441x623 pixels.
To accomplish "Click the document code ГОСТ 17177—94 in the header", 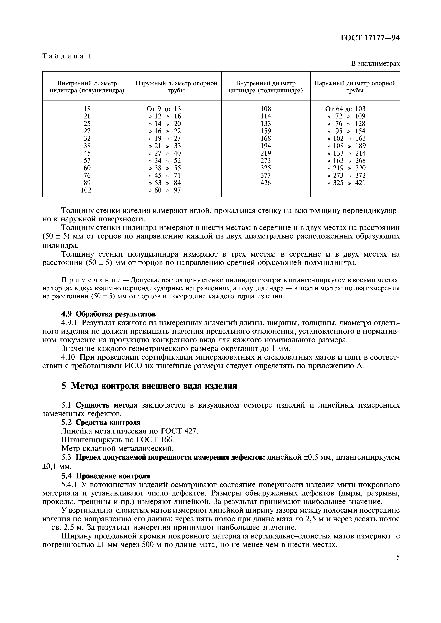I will (370, 38).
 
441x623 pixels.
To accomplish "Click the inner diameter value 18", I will (87, 109).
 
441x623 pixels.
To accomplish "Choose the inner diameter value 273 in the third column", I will (265, 161).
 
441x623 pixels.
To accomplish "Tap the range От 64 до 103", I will (345, 109).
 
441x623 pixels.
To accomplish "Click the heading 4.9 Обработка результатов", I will (108, 314).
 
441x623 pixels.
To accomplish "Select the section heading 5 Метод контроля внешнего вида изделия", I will (149, 386).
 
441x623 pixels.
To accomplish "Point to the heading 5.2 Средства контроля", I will (101, 422).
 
